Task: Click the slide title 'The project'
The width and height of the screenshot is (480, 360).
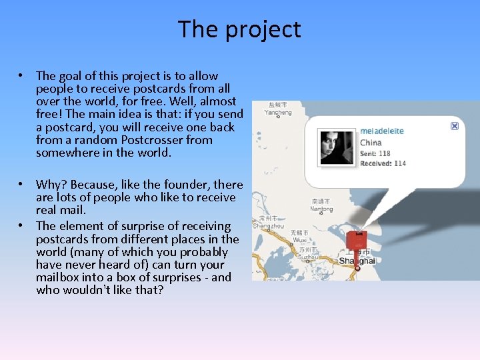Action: [239, 29]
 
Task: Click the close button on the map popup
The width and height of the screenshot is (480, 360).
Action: [455, 125]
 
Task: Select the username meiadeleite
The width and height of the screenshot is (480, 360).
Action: [382, 131]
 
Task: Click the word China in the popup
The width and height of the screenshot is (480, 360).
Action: [371, 142]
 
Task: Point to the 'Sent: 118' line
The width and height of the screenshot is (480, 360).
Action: [375, 153]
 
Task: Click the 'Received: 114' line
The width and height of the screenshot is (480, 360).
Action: [383, 163]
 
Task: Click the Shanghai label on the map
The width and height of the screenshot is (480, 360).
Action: [357, 261]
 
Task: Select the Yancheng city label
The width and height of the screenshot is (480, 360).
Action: [277, 113]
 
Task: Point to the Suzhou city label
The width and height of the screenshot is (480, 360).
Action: [309, 256]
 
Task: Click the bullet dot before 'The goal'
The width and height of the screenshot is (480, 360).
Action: [22, 76]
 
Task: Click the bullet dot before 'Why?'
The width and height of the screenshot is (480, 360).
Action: [22, 185]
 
